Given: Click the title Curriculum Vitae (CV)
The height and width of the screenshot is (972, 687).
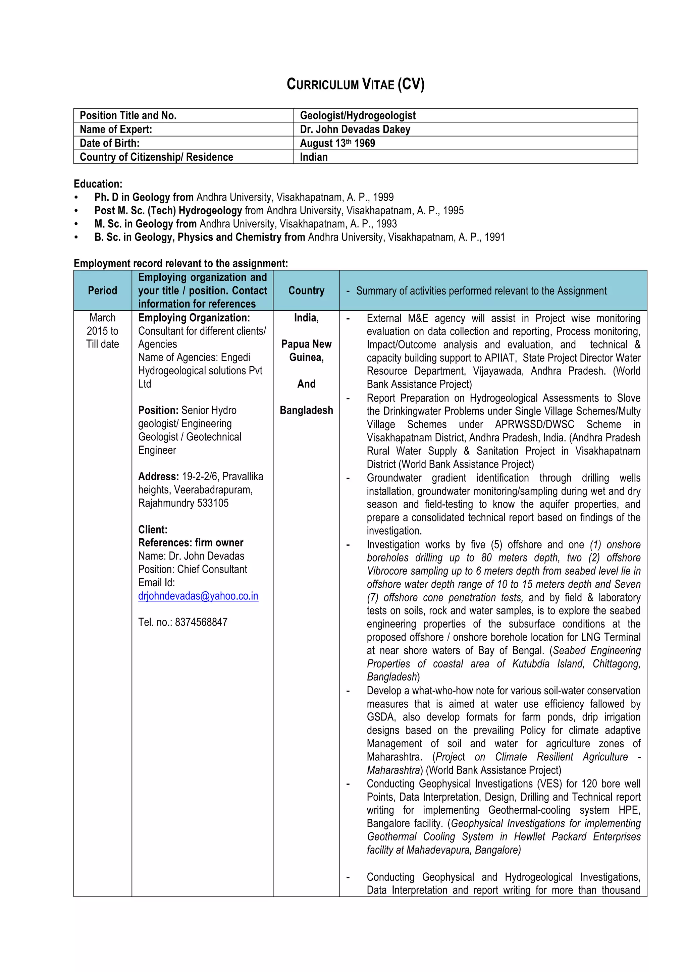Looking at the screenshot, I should click(356, 84).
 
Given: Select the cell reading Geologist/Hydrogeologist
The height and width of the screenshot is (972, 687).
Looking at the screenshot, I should click(358, 116).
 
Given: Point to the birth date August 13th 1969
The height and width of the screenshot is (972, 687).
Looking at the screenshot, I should click(337, 143).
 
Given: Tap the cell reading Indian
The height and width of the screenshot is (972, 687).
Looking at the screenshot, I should click(314, 157).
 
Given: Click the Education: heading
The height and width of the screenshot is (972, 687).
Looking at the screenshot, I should click(98, 184).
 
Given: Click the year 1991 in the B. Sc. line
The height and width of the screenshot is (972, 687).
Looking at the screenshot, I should click(494, 237).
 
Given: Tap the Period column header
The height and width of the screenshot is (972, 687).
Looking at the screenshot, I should click(102, 290).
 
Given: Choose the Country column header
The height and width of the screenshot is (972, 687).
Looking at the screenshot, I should click(306, 290).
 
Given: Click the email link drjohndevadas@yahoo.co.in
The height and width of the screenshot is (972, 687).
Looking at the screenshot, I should click(198, 596).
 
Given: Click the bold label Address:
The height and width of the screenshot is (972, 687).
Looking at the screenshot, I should click(158, 477).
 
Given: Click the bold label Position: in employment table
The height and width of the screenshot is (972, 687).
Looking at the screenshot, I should click(158, 410).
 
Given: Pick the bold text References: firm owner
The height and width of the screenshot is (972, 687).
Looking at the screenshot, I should click(191, 543).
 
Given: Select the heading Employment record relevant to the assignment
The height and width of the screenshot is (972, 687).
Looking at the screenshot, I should click(181, 263).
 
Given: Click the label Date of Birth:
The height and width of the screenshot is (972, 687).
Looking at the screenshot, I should click(110, 143).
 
